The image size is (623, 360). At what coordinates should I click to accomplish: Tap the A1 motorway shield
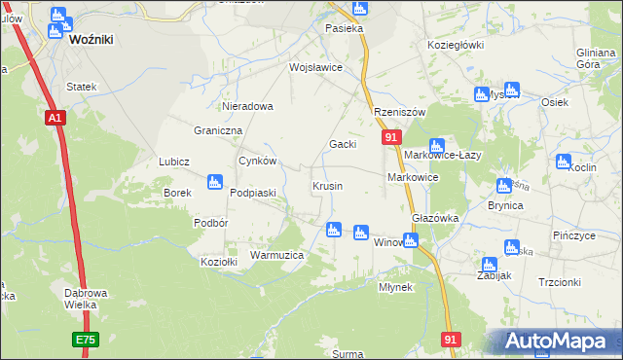(x=55, y=118)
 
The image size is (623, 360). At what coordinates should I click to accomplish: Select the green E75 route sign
(x=85, y=340)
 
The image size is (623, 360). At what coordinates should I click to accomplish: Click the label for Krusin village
(x=326, y=186)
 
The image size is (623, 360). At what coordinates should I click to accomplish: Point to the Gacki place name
(x=342, y=144)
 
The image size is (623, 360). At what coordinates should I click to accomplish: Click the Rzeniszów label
(x=400, y=112)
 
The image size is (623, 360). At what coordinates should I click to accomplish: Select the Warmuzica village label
(x=277, y=255)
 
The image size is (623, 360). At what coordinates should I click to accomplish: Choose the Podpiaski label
(x=253, y=193)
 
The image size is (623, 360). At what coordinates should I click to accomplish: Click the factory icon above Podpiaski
(x=215, y=182)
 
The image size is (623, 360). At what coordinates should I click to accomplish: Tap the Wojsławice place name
(x=314, y=68)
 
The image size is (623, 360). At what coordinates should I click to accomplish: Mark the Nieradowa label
(x=248, y=106)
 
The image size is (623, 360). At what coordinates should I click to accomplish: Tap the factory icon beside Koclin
(x=564, y=162)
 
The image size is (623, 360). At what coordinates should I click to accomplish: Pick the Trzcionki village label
(x=559, y=282)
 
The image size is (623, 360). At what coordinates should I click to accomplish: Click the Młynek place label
(x=396, y=287)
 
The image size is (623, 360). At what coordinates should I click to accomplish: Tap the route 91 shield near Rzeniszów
(x=389, y=138)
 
